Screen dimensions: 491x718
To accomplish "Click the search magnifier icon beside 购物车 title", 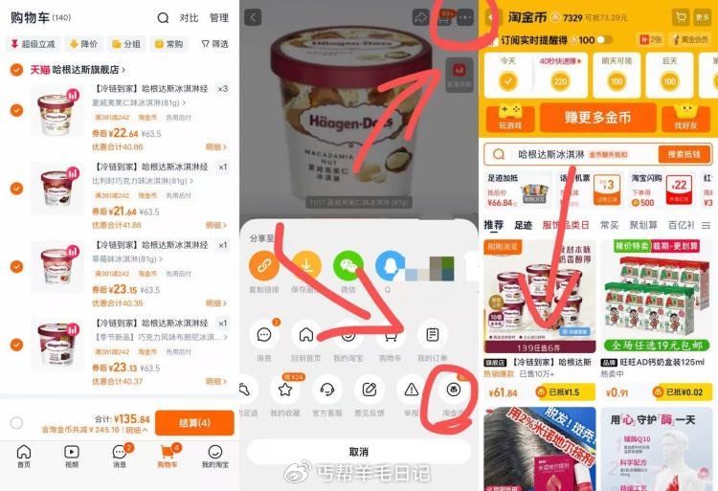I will pos(163,17).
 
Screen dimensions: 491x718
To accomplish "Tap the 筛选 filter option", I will pos(214,44).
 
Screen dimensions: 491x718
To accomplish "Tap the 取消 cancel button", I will pos(358,452).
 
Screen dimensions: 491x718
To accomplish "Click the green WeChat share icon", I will pos(348,265).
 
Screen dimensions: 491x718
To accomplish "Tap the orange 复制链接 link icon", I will pos(264,265).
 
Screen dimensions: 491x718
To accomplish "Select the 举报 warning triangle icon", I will pos(412,390).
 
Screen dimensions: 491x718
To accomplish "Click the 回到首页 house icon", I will pos(306,335).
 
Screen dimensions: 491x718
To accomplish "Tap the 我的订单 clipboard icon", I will pos(433,335).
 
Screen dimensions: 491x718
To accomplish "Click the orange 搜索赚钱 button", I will pos(684,154).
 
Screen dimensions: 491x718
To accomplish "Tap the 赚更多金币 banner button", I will pos(595,117).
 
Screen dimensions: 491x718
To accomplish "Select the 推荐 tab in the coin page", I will pos(493,225).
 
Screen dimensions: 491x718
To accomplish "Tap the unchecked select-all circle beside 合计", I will pos(16,423).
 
